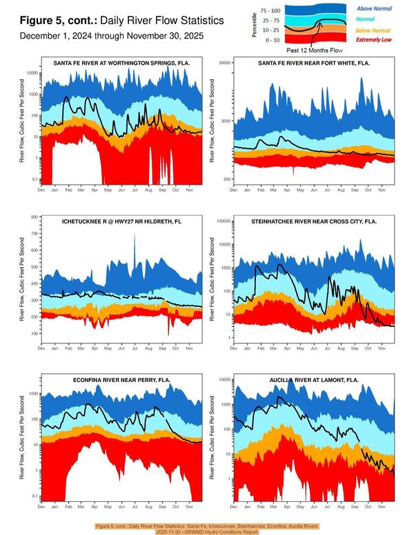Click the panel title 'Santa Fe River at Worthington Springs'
122,63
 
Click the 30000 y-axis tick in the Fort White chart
224,62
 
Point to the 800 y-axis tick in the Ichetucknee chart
34,217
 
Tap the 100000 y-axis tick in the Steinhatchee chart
223,221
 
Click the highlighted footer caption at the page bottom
207,529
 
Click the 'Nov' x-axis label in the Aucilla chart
380,507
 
